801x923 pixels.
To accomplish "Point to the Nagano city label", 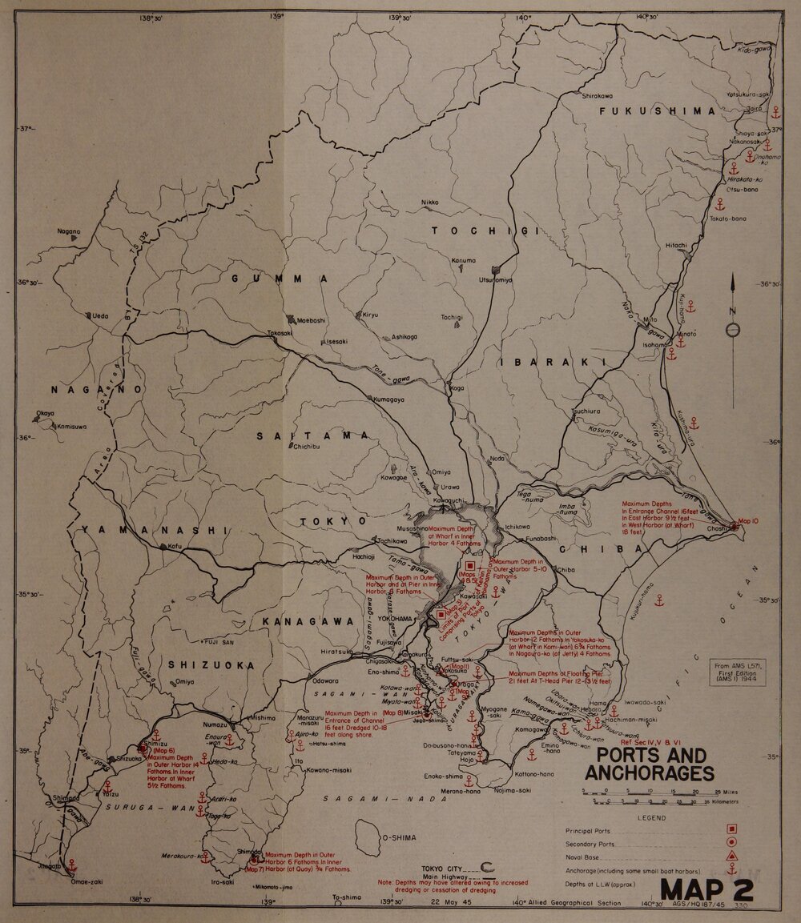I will tap(69, 231).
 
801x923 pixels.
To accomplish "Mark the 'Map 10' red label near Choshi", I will tap(752, 520).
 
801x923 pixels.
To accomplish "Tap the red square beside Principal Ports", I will tap(732, 831).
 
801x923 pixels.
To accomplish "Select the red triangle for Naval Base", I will tap(732, 857).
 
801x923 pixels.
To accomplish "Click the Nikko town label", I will tap(429, 203).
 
